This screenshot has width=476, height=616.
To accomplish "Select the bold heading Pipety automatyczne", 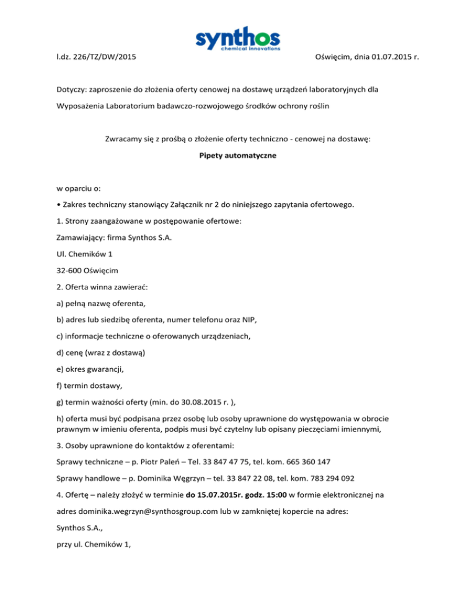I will click(x=237, y=157).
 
